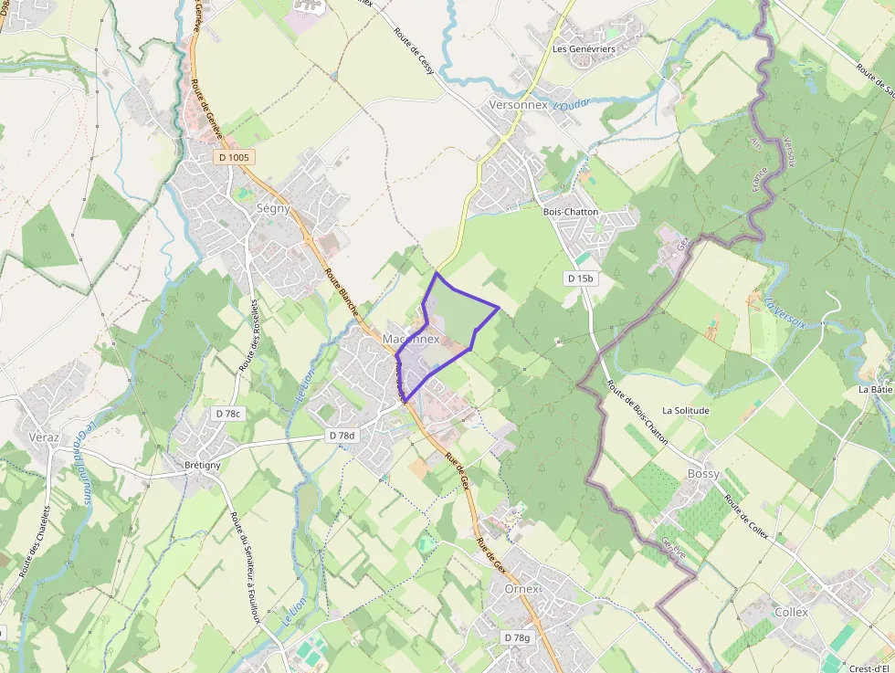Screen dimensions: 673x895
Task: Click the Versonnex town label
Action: (518, 105)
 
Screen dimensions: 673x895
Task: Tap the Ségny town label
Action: (273, 208)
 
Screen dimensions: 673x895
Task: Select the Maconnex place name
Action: (411, 339)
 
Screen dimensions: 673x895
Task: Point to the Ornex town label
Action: (522, 589)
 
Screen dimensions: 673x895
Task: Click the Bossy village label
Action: (702, 474)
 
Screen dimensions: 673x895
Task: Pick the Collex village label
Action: (791, 612)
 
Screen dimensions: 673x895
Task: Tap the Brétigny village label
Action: (202, 464)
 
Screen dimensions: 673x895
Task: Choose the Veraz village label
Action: (44, 437)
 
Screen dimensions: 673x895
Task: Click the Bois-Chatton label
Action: (571, 212)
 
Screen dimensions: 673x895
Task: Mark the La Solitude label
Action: (686, 411)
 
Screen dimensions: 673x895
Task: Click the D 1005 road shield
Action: (234, 158)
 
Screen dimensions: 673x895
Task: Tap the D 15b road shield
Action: (580, 278)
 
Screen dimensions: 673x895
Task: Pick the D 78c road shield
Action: (229, 414)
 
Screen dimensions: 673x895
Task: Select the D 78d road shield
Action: (342, 436)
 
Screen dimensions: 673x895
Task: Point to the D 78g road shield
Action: (516, 636)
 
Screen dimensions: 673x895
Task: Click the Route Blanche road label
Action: (342, 291)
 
